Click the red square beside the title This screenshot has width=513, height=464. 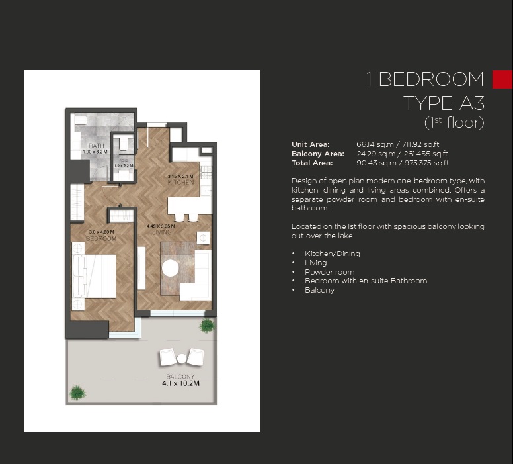pyautogui.click(x=502, y=79)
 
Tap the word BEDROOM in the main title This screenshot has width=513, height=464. pyautogui.click(x=431, y=80)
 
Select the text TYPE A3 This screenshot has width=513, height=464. pyautogui.click(x=444, y=103)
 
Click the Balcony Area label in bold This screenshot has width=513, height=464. pyautogui.click(x=317, y=154)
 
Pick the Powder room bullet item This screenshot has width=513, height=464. pyautogui.click(x=329, y=272)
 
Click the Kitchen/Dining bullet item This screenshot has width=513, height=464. pyautogui.click(x=332, y=254)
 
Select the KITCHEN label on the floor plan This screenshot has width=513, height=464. pyautogui.click(x=180, y=182)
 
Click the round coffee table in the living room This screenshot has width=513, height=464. pyautogui.click(x=171, y=267)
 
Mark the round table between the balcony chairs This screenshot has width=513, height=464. pyautogui.click(x=182, y=358)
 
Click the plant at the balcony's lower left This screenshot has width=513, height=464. pyautogui.click(x=78, y=392)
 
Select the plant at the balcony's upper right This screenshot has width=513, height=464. pyautogui.click(x=207, y=325)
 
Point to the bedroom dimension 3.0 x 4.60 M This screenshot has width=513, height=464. pyautogui.click(x=102, y=232)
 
